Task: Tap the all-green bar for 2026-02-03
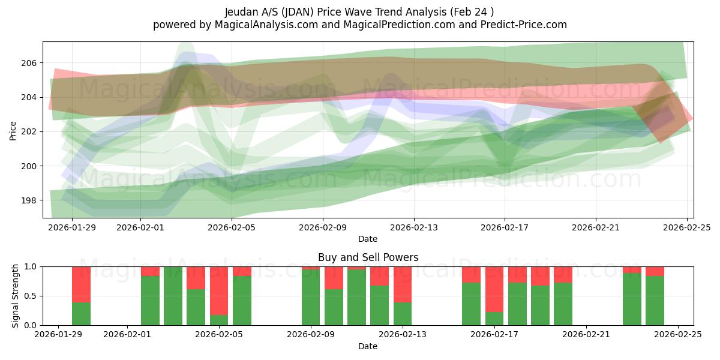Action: coord(173,296)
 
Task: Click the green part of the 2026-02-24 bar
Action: coord(655,301)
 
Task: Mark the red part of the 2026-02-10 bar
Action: coord(334,278)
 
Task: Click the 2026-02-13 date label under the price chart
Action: coord(414,228)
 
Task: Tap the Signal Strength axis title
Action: coord(16,296)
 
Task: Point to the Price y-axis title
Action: coord(13,130)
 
